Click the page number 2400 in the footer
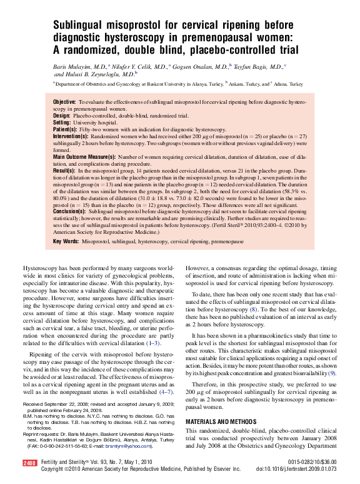[x=29, y=463]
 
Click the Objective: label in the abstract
[x=64, y=102]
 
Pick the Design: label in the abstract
[x=62, y=116]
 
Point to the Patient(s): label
[x=64, y=130]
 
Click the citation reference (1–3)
[x=153, y=343]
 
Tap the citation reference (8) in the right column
[x=253, y=309]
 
